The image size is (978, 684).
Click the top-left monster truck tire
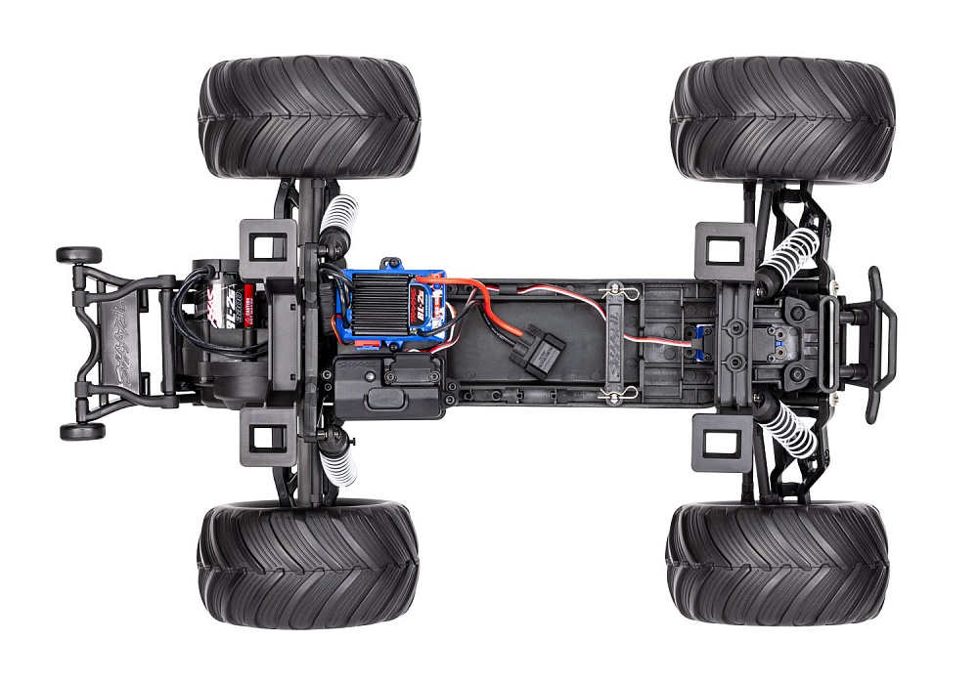click(x=309, y=117)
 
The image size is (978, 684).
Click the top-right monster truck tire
click(x=782, y=119)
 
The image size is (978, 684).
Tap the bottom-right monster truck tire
click(x=778, y=564)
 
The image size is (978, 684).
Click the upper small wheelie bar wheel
click(x=79, y=255)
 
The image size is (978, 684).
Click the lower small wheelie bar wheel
click(x=81, y=431)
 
